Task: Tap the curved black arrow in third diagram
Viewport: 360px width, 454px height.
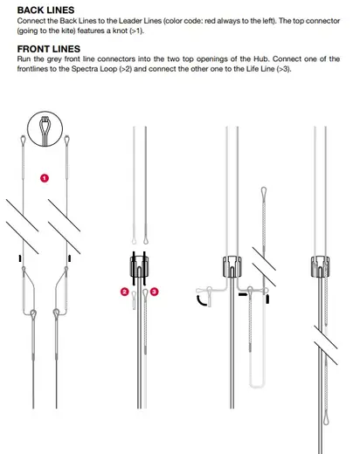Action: (203, 299)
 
